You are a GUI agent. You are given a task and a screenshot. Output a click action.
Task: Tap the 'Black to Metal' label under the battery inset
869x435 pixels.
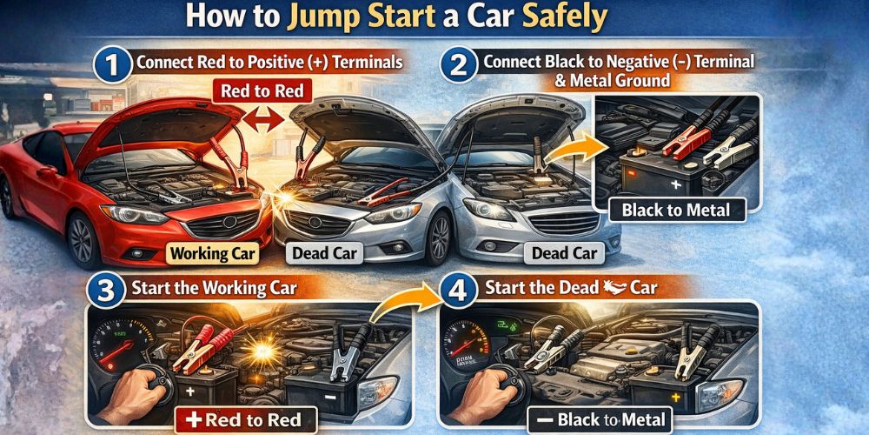coord(675,209)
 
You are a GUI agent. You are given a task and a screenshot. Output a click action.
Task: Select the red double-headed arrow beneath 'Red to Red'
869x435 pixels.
coord(261,122)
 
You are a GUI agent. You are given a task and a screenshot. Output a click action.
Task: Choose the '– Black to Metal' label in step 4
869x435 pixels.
coord(600,420)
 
